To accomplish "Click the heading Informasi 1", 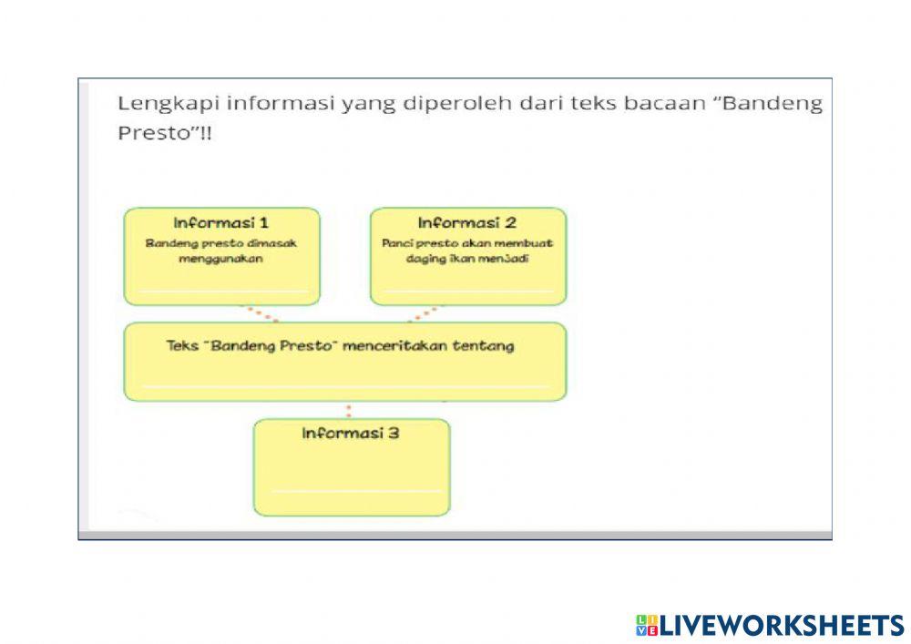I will (x=221, y=222).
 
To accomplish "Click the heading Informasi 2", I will (x=467, y=222).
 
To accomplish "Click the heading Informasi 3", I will (x=351, y=433).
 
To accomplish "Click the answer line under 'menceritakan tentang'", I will (x=345, y=384).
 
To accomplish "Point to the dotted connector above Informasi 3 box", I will (x=349, y=410).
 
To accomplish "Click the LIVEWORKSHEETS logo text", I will (x=781, y=625).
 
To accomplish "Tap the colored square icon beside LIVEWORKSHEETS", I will (x=646, y=625).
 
